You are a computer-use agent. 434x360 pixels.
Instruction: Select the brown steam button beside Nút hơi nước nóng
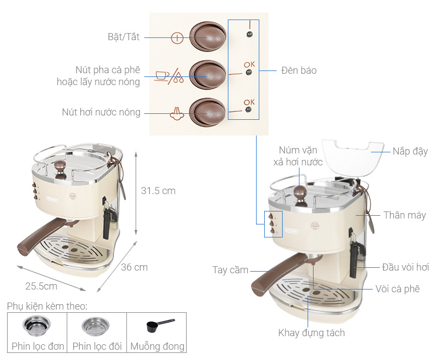click(x=207, y=113)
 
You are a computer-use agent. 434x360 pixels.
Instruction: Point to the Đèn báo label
click(x=298, y=70)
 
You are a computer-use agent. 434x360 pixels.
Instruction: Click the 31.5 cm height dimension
click(x=158, y=191)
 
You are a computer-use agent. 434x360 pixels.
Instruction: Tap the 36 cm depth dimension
click(x=134, y=267)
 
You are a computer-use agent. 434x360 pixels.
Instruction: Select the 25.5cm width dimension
click(x=41, y=286)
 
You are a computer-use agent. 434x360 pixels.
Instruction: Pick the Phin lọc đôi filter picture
click(x=96, y=326)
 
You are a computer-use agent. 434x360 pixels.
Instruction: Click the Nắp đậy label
click(x=411, y=151)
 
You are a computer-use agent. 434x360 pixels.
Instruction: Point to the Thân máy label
click(x=404, y=215)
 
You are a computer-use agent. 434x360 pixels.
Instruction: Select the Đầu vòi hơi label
click(x=405, y=267)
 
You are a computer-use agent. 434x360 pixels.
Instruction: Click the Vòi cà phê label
click(x=398, y=289)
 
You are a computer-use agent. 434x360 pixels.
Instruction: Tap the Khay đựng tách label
click(x=311, y=333)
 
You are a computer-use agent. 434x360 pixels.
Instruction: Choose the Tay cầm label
click(x=231, y=270)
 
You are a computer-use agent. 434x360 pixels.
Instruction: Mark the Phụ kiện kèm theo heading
click(x=47, y=306)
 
